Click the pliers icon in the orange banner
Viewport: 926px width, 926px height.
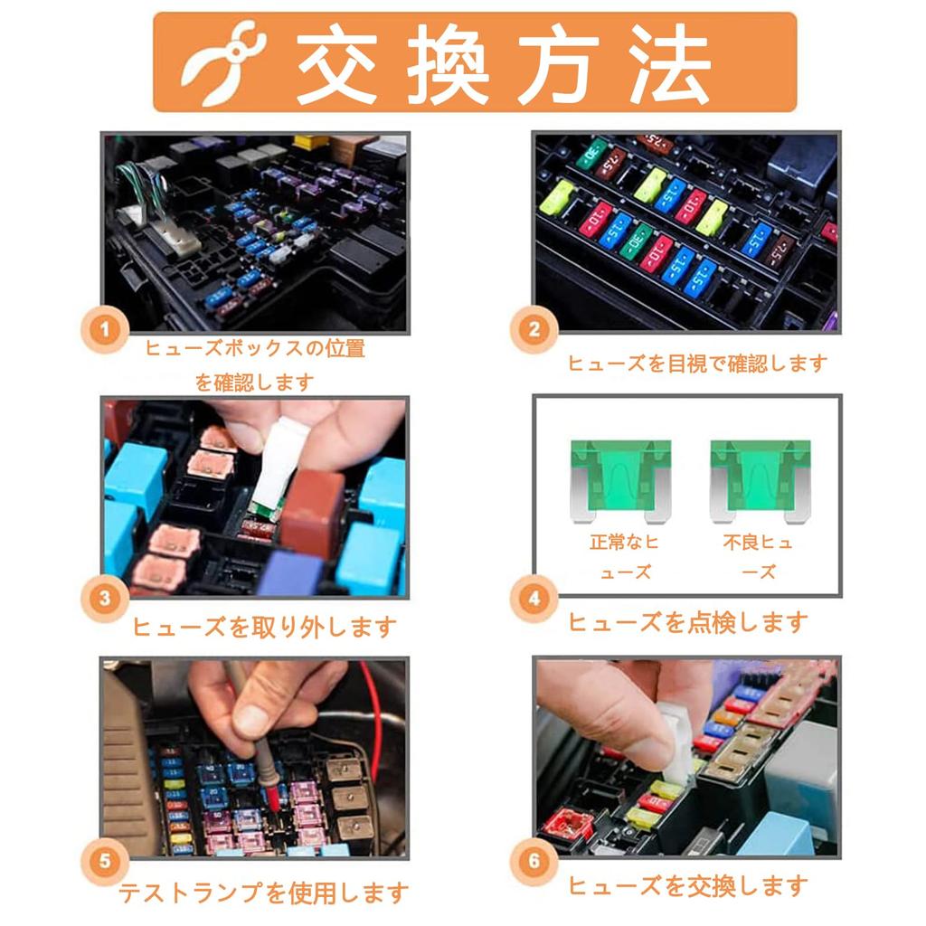click(x=222, y=63)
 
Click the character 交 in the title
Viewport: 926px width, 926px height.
click(x=338, y=64)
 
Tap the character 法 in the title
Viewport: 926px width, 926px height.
click(x=670, y=64)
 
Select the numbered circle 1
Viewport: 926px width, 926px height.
click(x=105, y=329)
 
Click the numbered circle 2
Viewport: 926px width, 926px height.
click(x=534, y=329)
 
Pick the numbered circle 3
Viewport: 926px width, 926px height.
click(x=105, y=599)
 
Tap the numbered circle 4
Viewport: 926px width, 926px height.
click(x=534, y=599)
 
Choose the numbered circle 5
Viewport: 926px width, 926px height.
click(x=105, y=861)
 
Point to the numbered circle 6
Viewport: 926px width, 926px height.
click(x=534, y=861)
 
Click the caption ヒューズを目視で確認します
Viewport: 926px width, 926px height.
click(x=697, y=364)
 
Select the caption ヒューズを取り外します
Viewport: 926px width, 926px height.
click(x=264, y=627)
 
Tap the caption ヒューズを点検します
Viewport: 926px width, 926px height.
click(x=687, y=622)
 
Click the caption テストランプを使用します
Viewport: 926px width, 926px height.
click(x=263, y=893)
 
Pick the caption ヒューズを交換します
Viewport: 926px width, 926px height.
click(x=687, y=885)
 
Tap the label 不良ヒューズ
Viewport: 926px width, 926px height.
click(x=759, y=556)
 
